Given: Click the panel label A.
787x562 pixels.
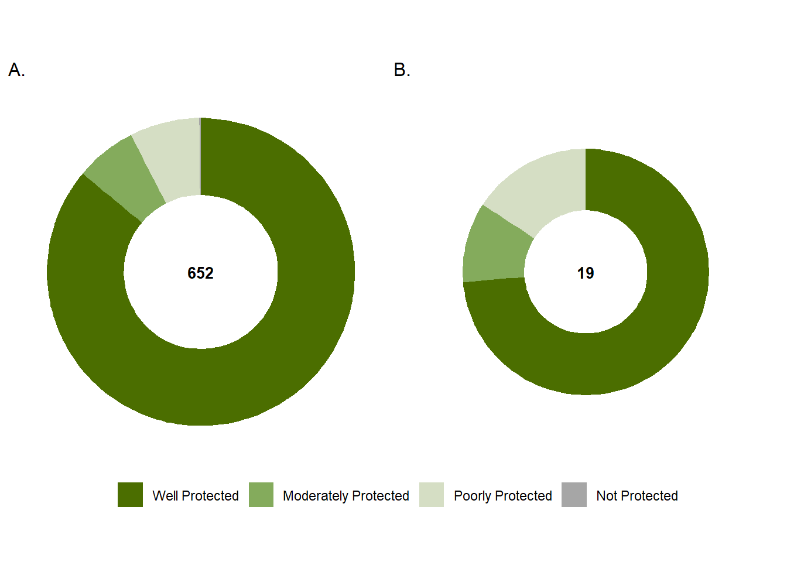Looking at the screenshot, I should click(x=16, y=70).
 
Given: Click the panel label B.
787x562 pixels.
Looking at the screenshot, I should click(x=402, y=70).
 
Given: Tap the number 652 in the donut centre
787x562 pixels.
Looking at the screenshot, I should click(x=200, y=273).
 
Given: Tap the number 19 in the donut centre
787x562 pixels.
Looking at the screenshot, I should click(x=586, y=273).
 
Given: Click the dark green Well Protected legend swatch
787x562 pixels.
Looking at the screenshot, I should click(x=130, y=495).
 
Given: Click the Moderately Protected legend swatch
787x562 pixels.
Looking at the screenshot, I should click(x=261, y=495).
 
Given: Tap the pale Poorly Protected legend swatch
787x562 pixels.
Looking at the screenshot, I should click(x=432, y=495).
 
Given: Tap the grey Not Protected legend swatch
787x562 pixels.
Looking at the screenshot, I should click(x=574, y=495).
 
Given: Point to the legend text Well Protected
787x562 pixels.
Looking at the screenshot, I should click(x=196, y=496).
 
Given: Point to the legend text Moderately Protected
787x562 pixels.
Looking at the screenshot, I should click(x=346, y=496).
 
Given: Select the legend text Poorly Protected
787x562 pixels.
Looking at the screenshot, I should click(x=503, y=496).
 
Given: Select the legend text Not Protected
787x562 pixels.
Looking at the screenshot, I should click(x=637, y=496).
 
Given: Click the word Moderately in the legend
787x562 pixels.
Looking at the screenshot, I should click(x=316, y=496).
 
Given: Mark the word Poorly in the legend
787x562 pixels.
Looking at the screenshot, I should click(x=473, y=496).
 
